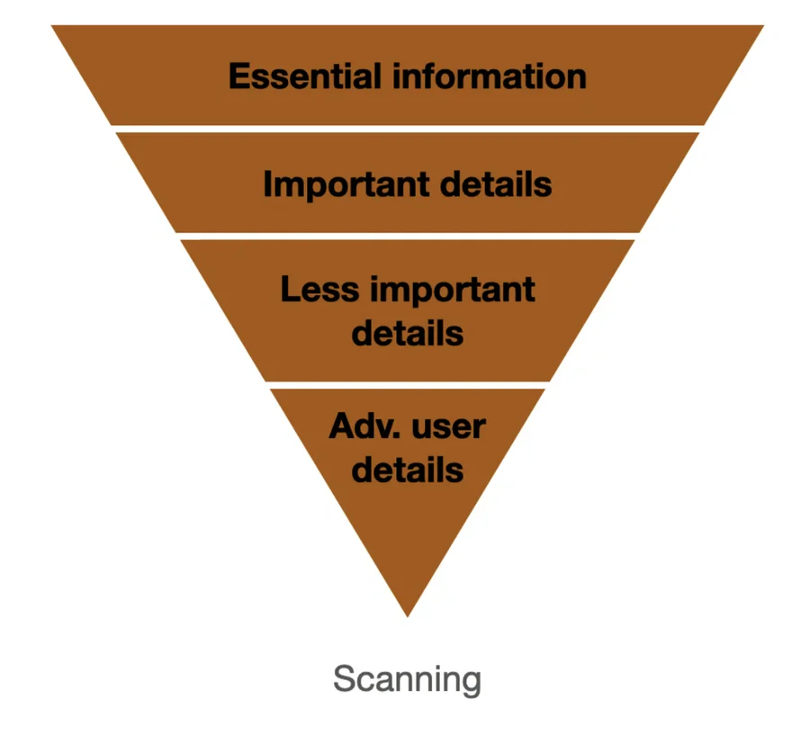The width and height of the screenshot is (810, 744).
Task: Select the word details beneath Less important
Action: (x=408, y=334)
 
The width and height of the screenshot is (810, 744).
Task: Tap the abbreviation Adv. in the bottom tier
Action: (x=358, y=426)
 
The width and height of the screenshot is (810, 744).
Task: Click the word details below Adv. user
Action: (x=408, y=470)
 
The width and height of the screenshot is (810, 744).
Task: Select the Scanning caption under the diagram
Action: (x=407, y=679)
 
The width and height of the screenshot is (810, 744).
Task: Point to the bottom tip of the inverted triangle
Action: (x=408, y=614)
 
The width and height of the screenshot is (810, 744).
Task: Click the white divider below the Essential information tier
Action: (x=408, y=129)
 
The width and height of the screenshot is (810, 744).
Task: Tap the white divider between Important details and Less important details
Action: (x=408, y=236)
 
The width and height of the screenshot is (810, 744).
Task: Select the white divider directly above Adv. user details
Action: (x=408, y=385)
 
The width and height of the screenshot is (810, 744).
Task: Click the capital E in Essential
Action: (x=238, y=76)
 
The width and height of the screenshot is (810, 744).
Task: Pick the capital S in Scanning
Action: (x=343, y=679)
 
